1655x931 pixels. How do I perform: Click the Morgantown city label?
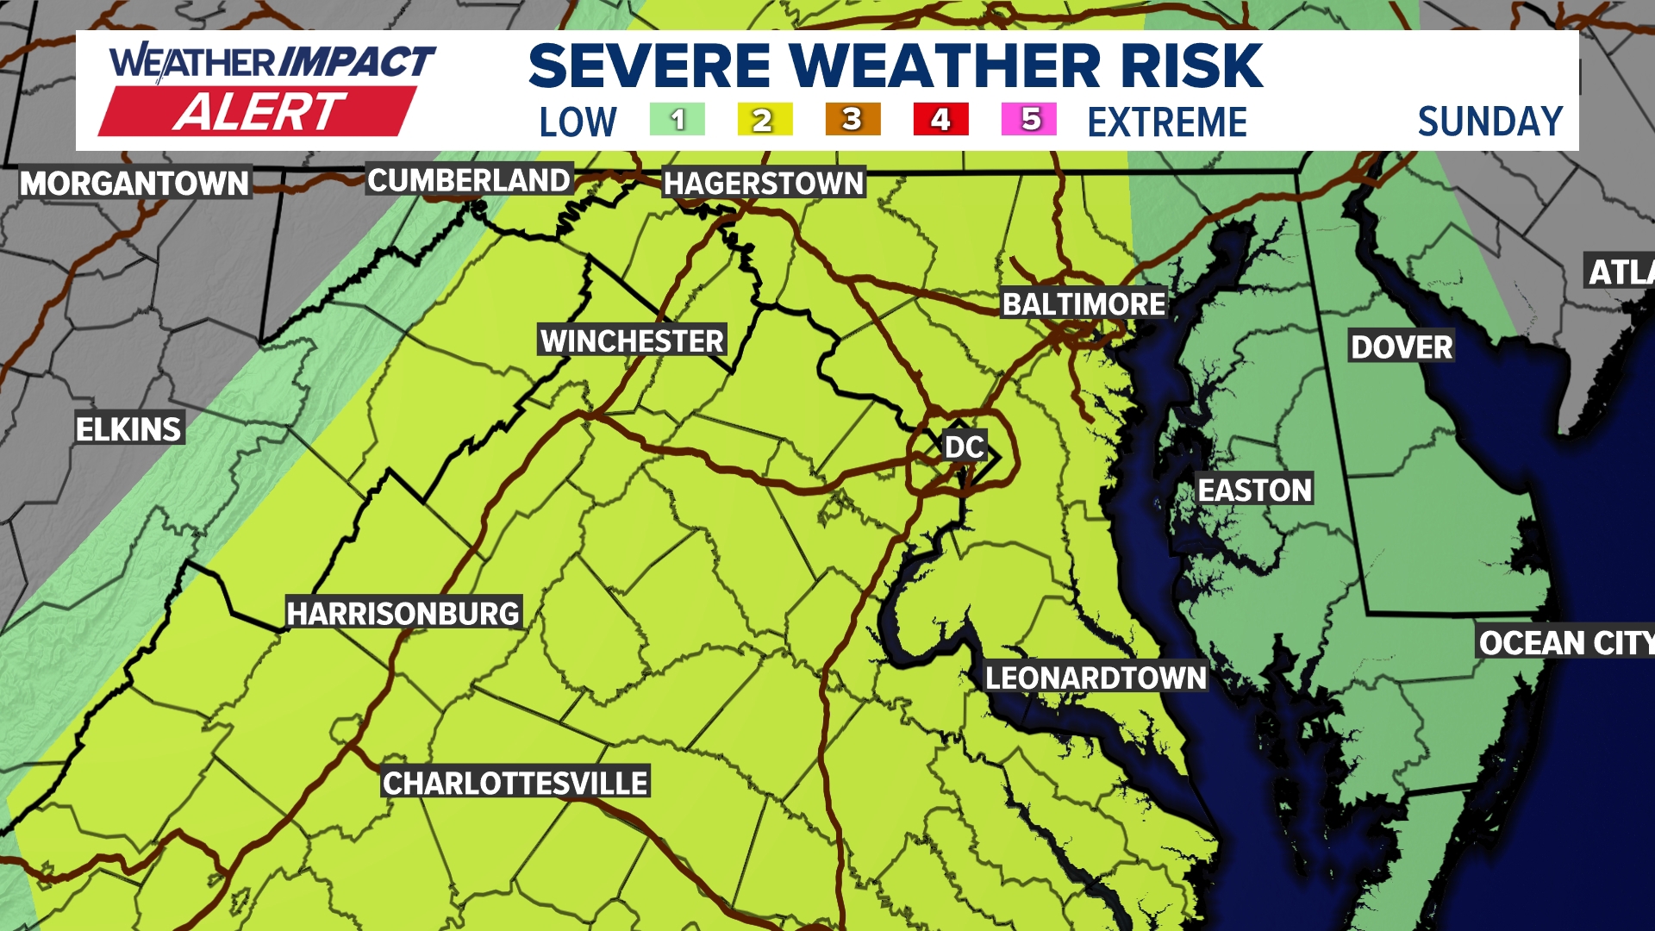click(134, 183)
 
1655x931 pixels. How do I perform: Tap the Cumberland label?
click(469, 180)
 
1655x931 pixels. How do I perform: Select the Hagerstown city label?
click(764, 183)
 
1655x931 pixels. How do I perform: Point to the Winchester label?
click(632, 341)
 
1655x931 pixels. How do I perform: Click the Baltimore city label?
click(1084, 303)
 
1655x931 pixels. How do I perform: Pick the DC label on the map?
click(964, 447)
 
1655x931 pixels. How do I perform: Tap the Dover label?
click(1402, 347)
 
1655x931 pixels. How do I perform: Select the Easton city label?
click(1255, 490)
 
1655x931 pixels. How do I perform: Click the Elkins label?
click(128, 428)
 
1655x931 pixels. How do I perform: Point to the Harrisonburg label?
click(403, 613)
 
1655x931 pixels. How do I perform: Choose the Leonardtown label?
click(1096, 678)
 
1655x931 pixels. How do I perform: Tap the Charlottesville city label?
click(515, 783)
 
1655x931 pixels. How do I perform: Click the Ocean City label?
click(1565, 642)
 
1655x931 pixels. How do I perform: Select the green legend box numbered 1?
click(678, 120)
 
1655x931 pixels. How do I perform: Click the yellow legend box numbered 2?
click(765, 120)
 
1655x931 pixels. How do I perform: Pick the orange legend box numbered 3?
click(852, 120)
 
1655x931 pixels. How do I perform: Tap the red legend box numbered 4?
click(940, 120)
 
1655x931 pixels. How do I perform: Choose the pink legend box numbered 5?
click(1029, 120)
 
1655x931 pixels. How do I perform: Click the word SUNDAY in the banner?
click(1490, 122)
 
